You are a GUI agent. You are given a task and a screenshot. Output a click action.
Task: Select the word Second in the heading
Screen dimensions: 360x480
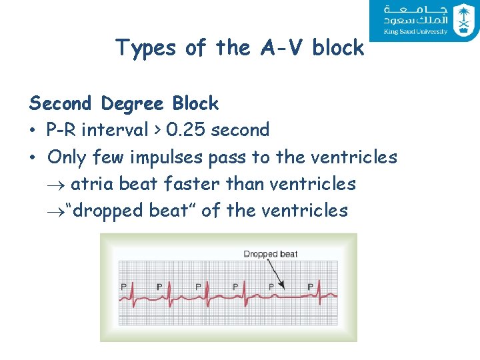tap(60, 104)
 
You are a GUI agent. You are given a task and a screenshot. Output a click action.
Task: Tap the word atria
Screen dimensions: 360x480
tap(92, 183)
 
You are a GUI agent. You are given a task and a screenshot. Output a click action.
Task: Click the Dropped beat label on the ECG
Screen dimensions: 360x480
tap(270, 254)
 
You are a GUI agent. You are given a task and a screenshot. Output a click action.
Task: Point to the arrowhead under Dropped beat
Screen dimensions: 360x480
tap(283, 287)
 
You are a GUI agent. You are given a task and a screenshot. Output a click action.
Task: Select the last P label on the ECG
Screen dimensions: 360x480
tap(310, 286)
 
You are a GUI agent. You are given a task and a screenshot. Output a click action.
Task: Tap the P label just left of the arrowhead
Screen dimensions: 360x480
tap(271, 286)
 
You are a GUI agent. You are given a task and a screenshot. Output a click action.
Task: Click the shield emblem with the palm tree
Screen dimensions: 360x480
tap(462, 20)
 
